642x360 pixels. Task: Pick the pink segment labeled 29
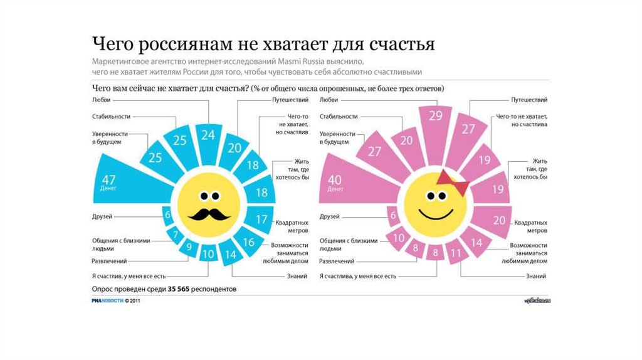[435, 118]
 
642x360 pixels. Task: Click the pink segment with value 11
[456, 253]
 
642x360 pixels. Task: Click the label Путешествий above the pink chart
[529, 100]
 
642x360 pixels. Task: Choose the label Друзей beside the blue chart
[102, 216]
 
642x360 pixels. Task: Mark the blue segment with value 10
[208, 254]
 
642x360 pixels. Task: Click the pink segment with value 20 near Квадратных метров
[499, 220]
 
